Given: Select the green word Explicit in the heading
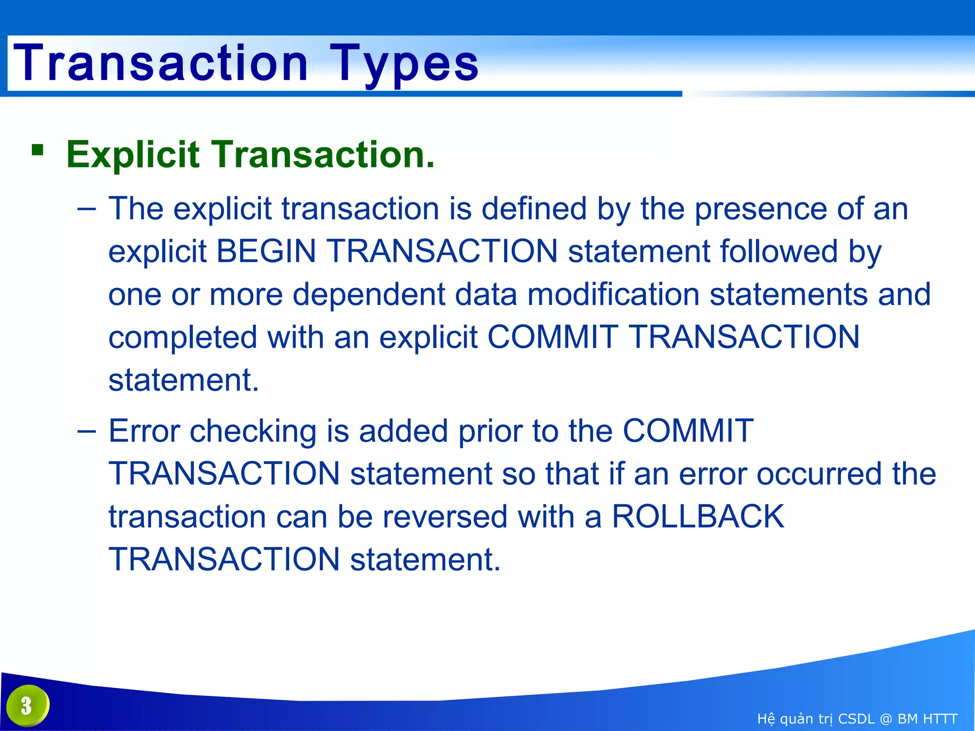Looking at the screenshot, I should click(133, 155).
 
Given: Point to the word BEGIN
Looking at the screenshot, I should click(267, 251).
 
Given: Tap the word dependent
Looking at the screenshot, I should click(368, 294).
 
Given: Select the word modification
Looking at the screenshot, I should click(613, 294).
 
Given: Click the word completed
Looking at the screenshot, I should click(183, 337).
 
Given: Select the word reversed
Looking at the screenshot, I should click(445, 517).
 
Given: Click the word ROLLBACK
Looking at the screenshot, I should click(698, 517).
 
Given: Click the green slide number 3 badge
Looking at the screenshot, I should click(27, 705).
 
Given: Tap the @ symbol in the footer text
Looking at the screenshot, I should click(886, 719).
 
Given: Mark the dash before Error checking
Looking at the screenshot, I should click(86, 431).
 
